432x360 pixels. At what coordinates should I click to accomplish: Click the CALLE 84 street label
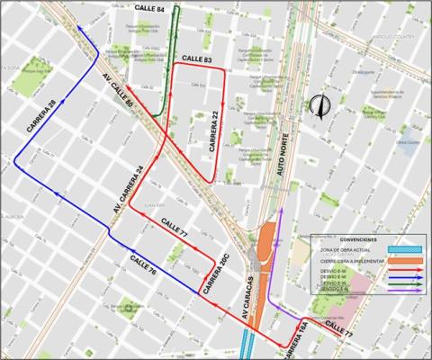148,8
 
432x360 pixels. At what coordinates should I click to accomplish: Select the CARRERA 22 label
215,129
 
